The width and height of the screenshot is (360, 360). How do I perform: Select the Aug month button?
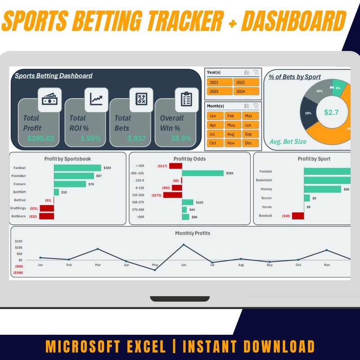tap(231, 134)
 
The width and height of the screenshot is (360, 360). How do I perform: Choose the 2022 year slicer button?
tap(246, 82)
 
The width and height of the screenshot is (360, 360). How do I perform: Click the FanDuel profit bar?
tap(77, 167)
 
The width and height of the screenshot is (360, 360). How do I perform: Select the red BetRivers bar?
tap(46, 216)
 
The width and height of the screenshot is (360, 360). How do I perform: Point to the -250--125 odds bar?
tap(202, 173)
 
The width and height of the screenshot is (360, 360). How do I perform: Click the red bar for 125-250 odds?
tap(172, 195)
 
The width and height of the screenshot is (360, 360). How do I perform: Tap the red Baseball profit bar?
tap(298, 216)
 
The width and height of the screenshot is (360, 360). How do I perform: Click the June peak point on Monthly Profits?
tap(184, 245)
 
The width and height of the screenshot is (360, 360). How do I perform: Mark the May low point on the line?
tap(155, 270)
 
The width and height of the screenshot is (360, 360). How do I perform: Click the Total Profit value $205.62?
tap(40, 139)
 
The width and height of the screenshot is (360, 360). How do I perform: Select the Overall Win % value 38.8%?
tap(180, 139)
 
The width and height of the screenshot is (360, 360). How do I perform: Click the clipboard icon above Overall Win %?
tap(186, 99)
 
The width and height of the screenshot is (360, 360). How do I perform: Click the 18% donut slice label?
tap(308, 113)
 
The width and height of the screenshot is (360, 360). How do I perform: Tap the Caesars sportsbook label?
tap(18, 184)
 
